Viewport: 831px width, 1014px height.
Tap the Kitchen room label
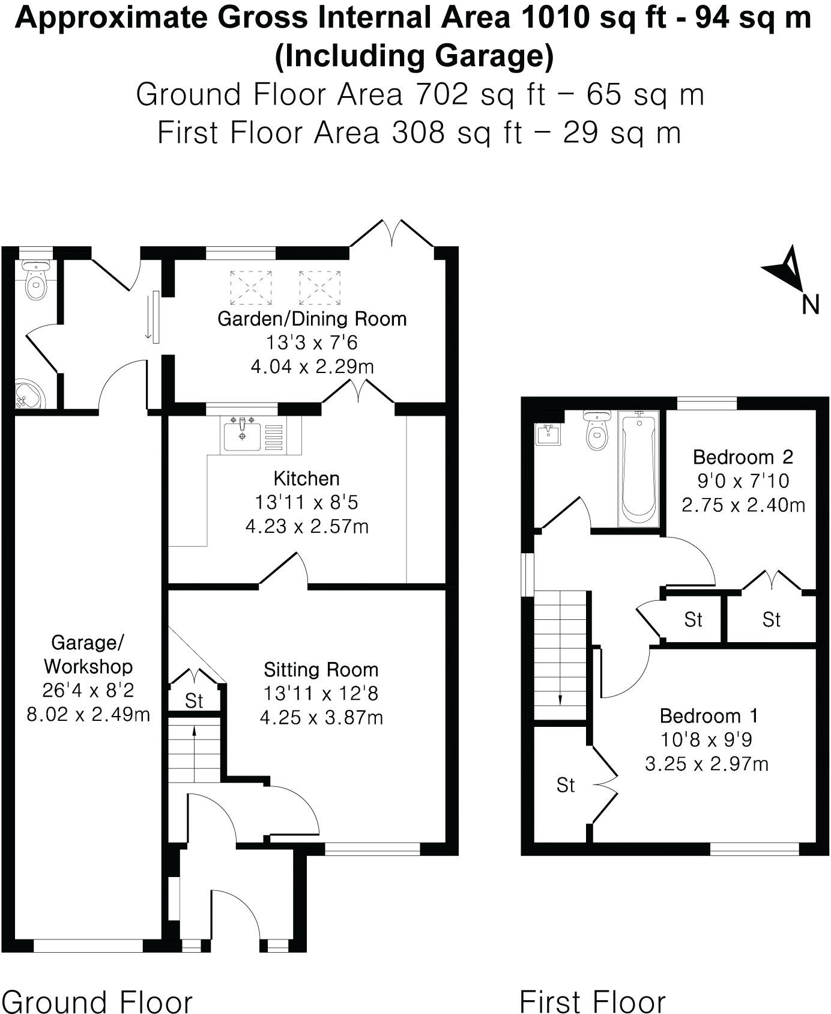[x=306, y=479]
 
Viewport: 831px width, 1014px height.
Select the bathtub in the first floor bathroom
[x=638, y=468]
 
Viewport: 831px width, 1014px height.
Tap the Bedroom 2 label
[x=743, y=457]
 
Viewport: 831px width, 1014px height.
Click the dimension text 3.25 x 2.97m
[x=707, y=764]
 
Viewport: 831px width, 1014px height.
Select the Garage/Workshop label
[x=88, y=654]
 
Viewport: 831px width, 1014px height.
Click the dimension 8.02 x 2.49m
[x=88, y=715]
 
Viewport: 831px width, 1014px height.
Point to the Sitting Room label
[x=321, y=670]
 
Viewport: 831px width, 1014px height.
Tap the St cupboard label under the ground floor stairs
[x=194, y=701]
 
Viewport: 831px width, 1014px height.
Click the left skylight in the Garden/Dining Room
[x=251, y=287]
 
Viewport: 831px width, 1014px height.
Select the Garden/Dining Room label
[x=312, y=318]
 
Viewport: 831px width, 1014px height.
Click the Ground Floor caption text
[x=97, y=1002]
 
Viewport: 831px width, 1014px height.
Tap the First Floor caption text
[x=593, y=1002]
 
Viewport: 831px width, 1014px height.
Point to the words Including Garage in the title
[x=414, y=56]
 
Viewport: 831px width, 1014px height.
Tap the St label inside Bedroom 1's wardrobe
[x=566, y=785]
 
